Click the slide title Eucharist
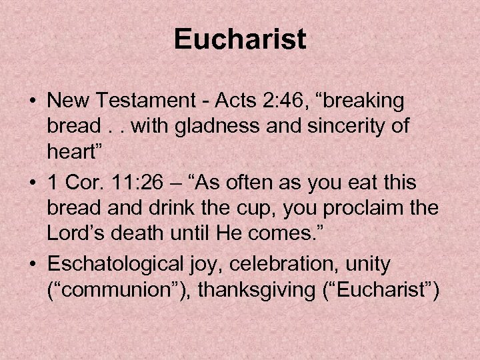[x=240, y=39]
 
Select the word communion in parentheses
[x=121, y=291]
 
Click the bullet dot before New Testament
[x=32, y=102]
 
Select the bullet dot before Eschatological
[x=32, y=265]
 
